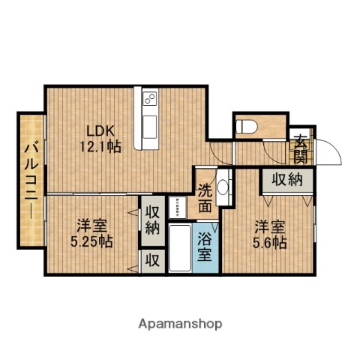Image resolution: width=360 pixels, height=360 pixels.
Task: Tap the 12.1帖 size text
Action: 100,147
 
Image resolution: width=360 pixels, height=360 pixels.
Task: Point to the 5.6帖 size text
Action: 268,243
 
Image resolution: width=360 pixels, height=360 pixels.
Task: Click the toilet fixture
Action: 247,126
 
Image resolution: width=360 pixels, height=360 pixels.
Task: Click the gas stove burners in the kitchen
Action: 148,97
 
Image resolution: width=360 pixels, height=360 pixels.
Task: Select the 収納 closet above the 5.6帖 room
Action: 286,179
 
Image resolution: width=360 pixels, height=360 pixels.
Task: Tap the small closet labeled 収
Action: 151,261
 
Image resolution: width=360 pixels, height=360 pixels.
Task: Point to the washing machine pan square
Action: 181,206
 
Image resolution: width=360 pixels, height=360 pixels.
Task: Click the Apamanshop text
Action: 180,325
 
